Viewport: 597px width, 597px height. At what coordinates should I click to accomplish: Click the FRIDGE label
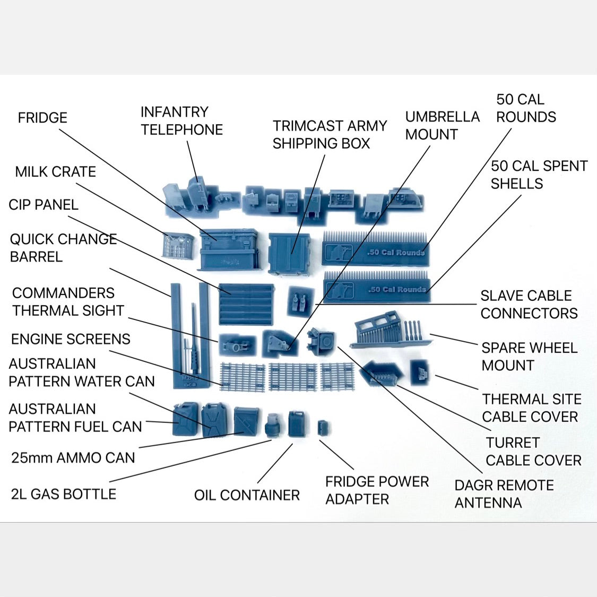(x=42, y=118)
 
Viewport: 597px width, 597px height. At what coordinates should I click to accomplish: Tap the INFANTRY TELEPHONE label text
(x=181, y=121)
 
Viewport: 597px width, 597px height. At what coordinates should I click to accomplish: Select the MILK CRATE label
(x=55, y=172)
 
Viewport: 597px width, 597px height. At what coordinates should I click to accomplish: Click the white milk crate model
(x=177, y=246)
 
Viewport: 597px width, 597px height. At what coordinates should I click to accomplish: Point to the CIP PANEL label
(x=44, y=205)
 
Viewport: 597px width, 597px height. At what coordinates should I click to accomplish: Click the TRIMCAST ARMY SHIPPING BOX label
(x=330, y=135)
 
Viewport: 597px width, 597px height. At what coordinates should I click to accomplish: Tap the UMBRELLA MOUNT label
(x=442, y=126)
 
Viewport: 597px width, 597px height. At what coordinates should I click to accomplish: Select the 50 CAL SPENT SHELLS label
(x=539, y=175)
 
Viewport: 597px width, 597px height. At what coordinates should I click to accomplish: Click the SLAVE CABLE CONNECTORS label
(x=529, y=305)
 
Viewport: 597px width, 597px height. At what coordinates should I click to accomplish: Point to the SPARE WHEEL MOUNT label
(x=529, y=357)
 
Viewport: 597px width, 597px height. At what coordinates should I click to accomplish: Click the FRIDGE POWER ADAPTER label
(x=377, y=490)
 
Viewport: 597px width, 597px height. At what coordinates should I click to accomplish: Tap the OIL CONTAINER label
(x=247, y=495)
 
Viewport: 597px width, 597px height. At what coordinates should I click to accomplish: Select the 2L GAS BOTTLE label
(x=64, y=494)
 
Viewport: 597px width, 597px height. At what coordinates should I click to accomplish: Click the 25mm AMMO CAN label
(x=73, y=457)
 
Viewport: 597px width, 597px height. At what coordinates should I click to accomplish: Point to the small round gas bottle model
(x=272, y=425)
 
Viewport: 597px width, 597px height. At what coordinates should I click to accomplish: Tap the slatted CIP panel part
(x=247, y=304)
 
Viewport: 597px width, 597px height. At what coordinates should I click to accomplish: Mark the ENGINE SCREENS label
(x=71, y=339)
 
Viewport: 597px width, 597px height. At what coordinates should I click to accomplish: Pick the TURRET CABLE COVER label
(x=533, y=452)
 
